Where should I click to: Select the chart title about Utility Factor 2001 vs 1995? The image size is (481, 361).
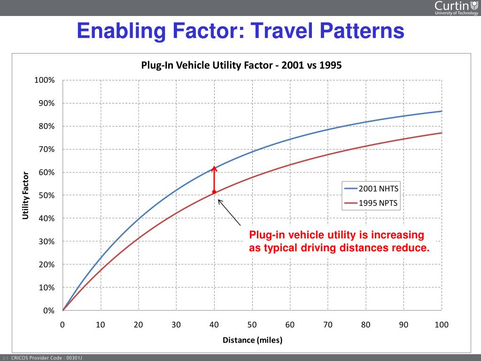[x=241, y=65]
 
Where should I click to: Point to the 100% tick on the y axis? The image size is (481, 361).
[x=45, y=80]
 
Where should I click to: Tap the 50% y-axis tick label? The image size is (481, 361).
[x=47, y=196]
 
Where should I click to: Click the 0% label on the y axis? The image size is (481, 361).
[x=49, y=311]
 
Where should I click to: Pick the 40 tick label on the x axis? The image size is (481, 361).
[x=214, y=324]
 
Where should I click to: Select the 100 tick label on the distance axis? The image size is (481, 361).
[x=442, y=324]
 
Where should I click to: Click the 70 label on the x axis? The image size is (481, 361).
[x=328, y=324]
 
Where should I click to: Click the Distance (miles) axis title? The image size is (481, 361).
[x=252, y=340]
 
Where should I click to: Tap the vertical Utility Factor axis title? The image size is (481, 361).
[x=25, y=195]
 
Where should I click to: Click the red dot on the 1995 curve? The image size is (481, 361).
[x=214, y=192]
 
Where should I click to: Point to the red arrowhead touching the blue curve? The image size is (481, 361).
[x=214, y=169]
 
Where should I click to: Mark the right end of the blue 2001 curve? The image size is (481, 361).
[x=442, y=111]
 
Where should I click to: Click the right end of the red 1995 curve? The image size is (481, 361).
[x=442, y=133]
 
